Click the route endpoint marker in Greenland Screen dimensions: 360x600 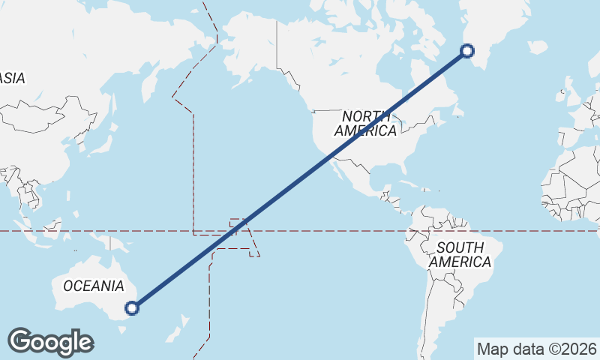pyautogui.click(x=467, y=51)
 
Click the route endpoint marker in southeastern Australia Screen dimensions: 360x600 pyautogui.click(x=133, y=307)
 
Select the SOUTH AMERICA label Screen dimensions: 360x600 pyautogui.click(x=460, y=255)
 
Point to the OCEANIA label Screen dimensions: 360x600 pyautogui.click(x=94, y=286)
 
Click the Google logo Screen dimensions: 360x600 pyautogui.click(x=50, y=341)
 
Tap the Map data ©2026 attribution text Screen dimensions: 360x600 pyautogui.click(x=536, y=349)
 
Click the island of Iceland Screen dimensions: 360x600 pyautogui.click(x=538, y=46)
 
